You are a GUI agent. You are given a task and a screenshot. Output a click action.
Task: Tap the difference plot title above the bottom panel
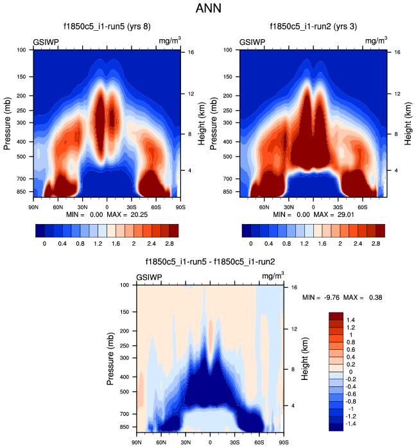pyautogui.click(x=211, y=261)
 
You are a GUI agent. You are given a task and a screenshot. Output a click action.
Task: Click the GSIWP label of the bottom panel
pyautogui.click(x=149, y=277)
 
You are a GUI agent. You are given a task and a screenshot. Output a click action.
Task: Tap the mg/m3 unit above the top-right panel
pyautogui.click(x=377, y=41)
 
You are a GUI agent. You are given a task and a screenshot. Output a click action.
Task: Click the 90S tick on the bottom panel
pyautogui.click(x=283, y=442)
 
